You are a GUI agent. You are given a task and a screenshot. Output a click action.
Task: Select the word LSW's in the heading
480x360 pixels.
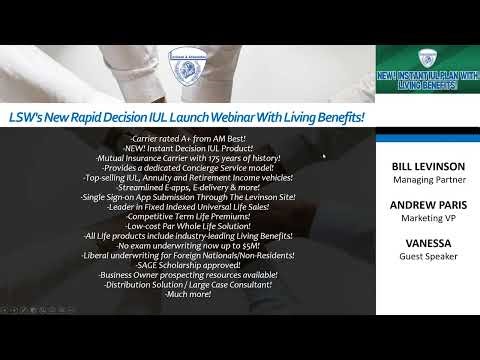(31, 117)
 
